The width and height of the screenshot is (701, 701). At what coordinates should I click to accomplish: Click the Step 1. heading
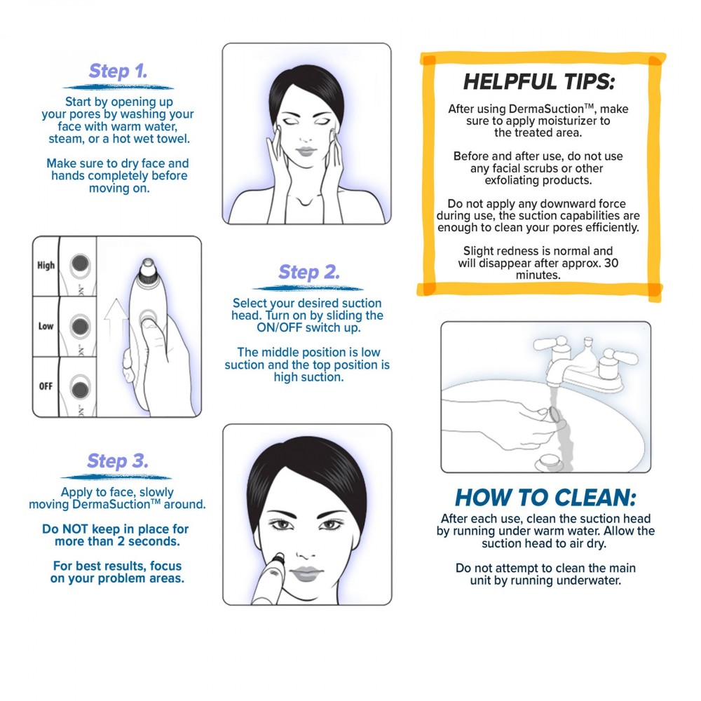(x=118, y=72)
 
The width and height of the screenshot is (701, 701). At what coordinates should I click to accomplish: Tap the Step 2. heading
(x=308, y=272)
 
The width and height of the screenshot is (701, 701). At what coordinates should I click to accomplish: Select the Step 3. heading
(x=117, y=461)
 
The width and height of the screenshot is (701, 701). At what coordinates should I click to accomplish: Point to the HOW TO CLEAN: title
(x=545, y=498)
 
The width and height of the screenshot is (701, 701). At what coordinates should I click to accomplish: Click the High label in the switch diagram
(x=46, y=266)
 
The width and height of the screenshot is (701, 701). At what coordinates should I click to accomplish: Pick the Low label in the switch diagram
(x=46, y=326)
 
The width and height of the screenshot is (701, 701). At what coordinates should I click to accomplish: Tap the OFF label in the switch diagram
(x=46, y=386)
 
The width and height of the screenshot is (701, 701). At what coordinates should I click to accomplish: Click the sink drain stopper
(x=545, y=462)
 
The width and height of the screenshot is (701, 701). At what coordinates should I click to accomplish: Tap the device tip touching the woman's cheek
(x=278, y=558)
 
